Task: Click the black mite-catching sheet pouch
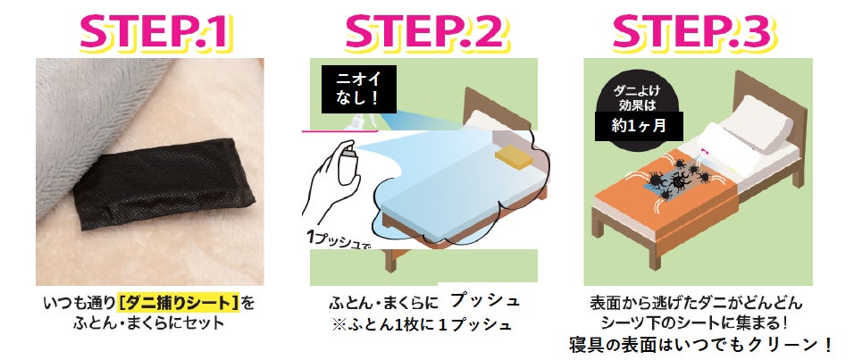pos(163,183)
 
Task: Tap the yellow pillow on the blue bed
pos(512,155)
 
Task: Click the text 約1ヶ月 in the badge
pos(639,126)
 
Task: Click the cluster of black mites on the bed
pos(675,177)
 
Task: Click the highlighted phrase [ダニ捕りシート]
pos(179,302)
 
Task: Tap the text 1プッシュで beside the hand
pos(339,239)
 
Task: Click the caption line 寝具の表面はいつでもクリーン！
pos(700,344)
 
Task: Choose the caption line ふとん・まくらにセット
pos(148,323)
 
